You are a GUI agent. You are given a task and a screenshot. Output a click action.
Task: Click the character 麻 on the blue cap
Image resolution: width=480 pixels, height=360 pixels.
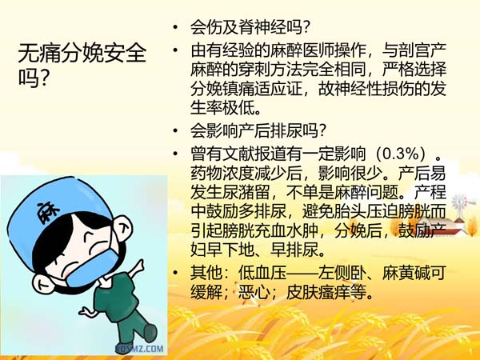coord(48,212)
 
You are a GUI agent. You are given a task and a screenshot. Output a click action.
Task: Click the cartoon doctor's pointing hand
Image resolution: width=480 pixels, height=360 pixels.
coord(137,267)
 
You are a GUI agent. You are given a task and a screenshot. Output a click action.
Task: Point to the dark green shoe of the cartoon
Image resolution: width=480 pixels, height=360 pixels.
coord(150,333)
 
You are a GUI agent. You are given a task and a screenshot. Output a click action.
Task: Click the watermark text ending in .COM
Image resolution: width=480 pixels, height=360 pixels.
coord(139,349)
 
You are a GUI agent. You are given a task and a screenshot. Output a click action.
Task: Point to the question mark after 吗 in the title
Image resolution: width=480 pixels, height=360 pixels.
coord(43,78)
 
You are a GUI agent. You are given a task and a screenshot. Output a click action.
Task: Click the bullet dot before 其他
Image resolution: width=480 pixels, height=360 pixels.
coord(175,273)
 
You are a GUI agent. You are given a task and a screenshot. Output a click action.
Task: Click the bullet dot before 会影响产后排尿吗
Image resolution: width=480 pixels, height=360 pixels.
coord(175,130)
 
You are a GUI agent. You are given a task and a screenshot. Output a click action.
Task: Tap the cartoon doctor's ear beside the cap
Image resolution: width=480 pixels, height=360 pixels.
coord(122,227)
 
